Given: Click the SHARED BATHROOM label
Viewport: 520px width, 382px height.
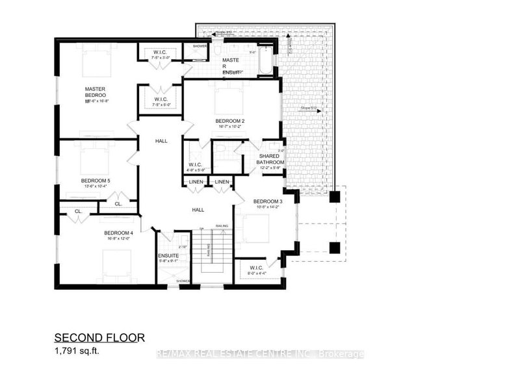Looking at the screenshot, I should (272, 160).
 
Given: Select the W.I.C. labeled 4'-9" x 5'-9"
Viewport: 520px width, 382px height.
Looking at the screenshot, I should (196, 164).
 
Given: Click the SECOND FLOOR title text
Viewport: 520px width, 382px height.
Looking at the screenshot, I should (97, 338).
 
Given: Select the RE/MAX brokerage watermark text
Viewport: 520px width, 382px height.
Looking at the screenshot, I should (260, 354).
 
